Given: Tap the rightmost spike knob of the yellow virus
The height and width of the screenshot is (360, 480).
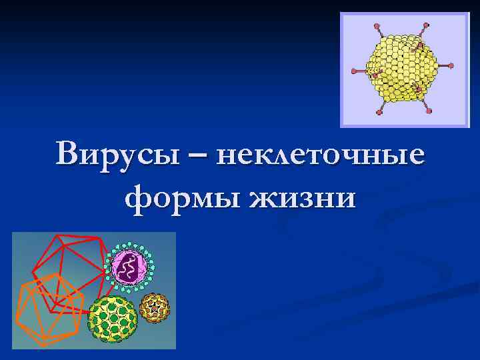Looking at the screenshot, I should click(x=451, y=66).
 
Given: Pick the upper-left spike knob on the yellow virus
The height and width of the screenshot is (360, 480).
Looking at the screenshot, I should click(x=377, y=27).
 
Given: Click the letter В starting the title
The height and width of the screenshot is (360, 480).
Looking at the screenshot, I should click(x=69, y=155).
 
